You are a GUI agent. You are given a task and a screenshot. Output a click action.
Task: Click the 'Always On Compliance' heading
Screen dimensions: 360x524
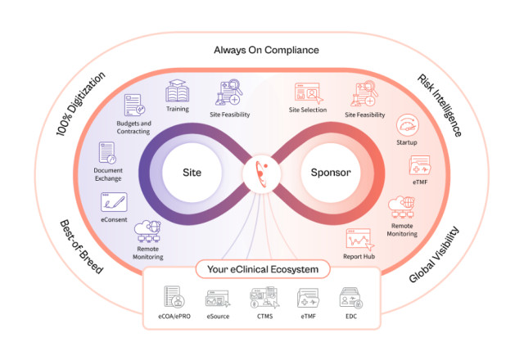pos(266,50)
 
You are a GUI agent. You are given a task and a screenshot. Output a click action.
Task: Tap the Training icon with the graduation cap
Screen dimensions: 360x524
pos(178,91)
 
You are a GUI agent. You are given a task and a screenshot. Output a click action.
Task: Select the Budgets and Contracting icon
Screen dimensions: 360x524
pos(135,105)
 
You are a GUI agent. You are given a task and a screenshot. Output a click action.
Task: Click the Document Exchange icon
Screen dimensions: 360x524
pos(108,152)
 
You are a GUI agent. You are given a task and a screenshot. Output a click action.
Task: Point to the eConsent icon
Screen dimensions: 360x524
pos(113,201)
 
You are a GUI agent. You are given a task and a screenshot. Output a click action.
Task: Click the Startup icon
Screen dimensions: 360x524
pos(407,125)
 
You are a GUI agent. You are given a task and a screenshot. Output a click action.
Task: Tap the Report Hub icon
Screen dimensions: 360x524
pos(358,240)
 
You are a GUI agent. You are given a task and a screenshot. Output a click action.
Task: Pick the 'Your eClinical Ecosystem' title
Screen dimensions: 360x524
pos(262,268)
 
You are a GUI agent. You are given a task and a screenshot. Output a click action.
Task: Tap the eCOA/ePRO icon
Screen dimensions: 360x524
pos(173,296)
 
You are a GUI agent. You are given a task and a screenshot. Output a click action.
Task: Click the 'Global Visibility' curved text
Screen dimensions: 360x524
pos(434,253)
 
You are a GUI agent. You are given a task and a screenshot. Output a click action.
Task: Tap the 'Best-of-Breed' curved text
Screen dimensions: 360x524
pos(82,246)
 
